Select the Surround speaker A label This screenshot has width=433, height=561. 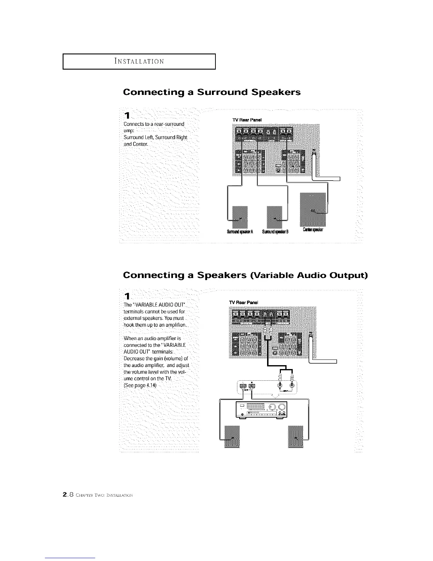(239, 232)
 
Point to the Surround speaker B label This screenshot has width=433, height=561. (275, 232)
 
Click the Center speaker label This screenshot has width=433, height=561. (313, 230)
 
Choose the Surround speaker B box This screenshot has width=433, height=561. (275, 216)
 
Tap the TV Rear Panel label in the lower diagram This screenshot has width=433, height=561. (243, 302)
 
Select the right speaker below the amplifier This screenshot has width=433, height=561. (296, 437)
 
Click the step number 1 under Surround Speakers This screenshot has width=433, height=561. (127, 115)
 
